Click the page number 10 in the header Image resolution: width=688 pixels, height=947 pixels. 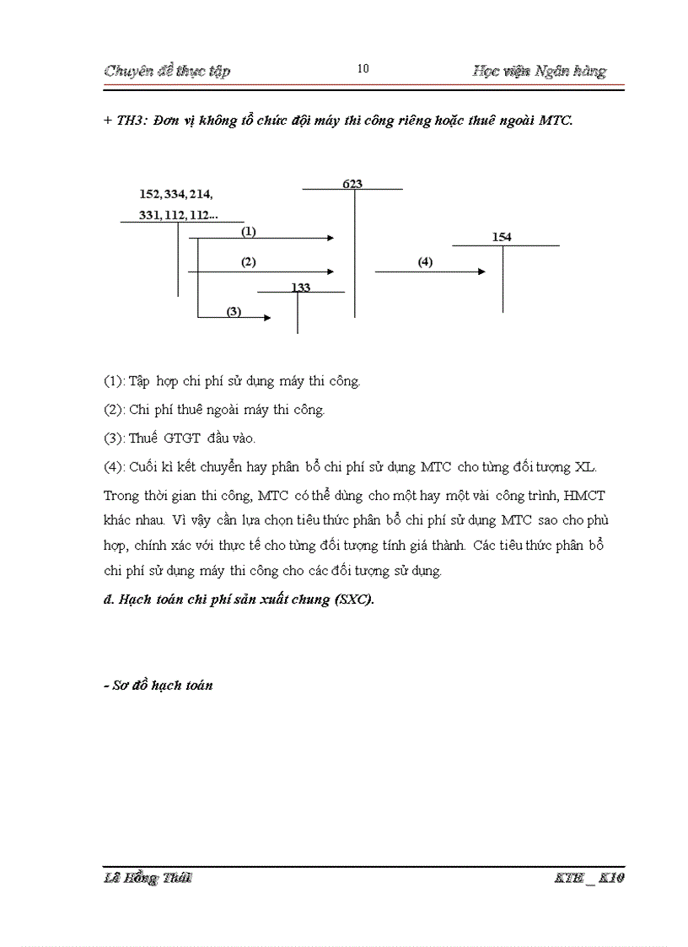[363, 69]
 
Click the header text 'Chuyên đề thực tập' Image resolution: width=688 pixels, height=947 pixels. [167, 71]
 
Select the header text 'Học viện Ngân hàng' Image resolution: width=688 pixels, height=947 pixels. [540, 71]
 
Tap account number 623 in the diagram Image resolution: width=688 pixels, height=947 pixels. [352, 183]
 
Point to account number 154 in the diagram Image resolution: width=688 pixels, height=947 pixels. [502, 238]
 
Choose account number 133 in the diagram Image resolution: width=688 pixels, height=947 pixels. [300, 288]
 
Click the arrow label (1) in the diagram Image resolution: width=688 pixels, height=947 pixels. [248, 230]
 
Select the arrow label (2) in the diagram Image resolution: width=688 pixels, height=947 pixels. [248, 262]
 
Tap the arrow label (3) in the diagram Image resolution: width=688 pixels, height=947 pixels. [234, 311]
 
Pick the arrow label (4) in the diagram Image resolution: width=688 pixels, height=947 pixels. [425, 262]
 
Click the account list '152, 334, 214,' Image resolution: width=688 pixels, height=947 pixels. [176, 194]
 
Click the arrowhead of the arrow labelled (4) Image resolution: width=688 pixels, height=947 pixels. [481, 272]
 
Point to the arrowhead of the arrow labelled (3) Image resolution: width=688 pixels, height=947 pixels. [266, 318]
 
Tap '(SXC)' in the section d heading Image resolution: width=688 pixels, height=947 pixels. [353, 600]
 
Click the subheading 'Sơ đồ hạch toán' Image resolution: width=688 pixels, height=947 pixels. [162, 686]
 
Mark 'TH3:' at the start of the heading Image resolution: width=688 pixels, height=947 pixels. [132, 121]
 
